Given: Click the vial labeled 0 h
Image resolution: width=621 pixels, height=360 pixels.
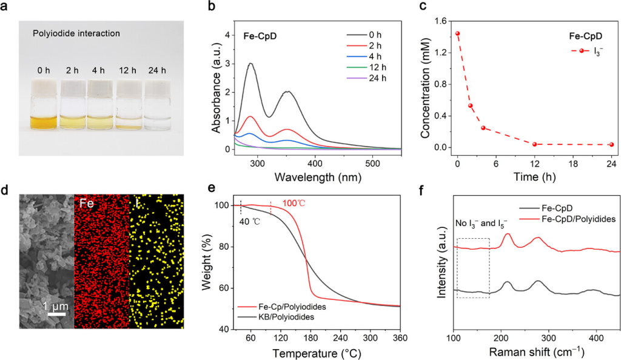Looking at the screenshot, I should [42, 108].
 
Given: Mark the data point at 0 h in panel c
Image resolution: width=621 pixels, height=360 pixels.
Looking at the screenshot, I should [457, 34].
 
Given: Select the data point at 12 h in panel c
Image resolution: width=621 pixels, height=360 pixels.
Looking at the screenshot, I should [534, 144].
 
